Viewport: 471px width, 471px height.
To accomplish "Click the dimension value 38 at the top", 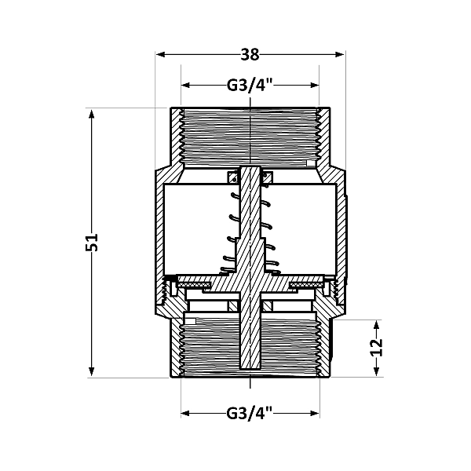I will click(250, 54).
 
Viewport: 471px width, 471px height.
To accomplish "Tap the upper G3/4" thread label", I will click(250, 86).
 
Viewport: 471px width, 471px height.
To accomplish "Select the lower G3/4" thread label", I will click(250, 412).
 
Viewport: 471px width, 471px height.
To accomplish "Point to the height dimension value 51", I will click(91, 242).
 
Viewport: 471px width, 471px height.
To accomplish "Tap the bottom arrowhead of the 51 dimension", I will click(92, 373).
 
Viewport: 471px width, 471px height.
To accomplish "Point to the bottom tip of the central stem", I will click(250, 369).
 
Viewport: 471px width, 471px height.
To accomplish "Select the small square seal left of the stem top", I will click(232, 177).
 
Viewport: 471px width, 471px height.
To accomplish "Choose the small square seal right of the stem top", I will click(267, 177).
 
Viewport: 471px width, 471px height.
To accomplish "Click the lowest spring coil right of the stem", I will click(272, 267).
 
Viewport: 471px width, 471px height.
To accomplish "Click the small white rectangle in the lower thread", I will click(190, 320).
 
